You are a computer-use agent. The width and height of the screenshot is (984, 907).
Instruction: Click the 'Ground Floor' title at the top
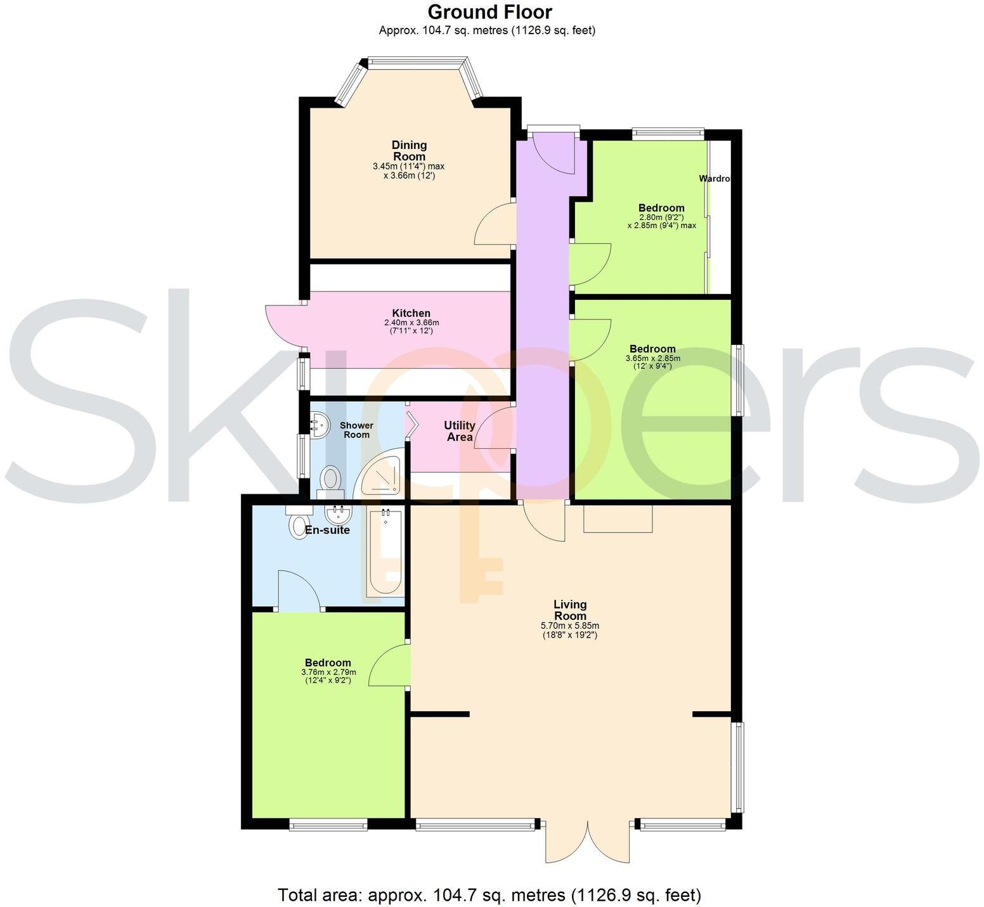coord(489,12)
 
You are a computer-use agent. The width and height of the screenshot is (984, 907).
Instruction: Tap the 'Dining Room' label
coord(409,151)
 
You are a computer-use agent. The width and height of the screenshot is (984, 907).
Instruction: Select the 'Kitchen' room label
coord(411,313)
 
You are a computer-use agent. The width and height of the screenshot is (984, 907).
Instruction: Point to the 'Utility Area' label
coord(460,431)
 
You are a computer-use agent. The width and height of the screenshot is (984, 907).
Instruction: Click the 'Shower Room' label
coord(356,430)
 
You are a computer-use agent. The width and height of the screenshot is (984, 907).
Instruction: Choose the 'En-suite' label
coord(327,530)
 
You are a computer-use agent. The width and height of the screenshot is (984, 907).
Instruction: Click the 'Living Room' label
coord(569,610)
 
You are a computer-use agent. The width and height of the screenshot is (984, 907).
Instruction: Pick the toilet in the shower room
coord(330,479)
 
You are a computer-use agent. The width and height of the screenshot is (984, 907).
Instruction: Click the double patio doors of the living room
coord(588,842)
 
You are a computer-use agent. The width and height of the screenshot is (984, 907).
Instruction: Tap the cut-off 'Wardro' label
coord(715,179)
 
